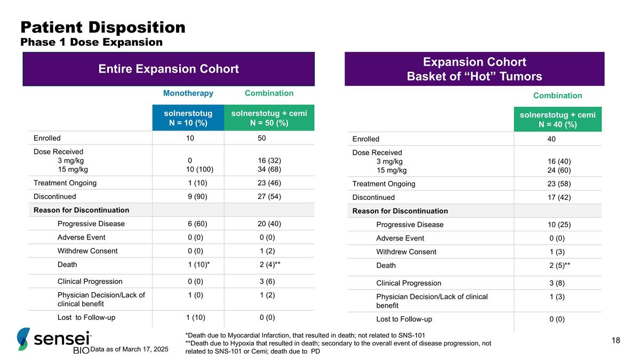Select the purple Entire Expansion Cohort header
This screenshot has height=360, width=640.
169,69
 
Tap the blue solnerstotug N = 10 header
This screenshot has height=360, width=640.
188,118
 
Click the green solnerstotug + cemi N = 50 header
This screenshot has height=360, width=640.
269,118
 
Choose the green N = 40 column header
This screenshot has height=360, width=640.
557,119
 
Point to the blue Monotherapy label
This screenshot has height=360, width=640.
188,93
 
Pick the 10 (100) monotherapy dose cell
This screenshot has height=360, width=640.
199,170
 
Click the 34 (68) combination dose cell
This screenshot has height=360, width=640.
269,170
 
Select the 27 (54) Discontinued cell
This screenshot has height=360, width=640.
269,196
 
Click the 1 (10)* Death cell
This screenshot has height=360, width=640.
198,265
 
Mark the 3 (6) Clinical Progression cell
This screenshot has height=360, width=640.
269,281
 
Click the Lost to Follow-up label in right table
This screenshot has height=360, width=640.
404,319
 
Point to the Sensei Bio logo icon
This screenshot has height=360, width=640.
24,339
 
